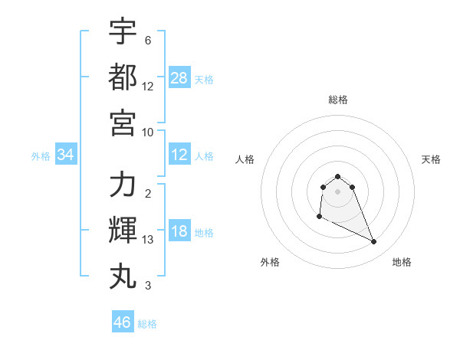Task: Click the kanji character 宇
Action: (x=123, y=31)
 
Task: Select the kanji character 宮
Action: (x=123, y=122)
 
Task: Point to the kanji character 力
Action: (x=123, y=185)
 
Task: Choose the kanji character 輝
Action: (x=123, y=230)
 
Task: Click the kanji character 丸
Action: (x=123, y=275)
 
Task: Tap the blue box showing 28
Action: (x=179, y=78)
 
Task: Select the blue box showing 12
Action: (x=179, y=155)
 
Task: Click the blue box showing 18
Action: (x=179, y=232)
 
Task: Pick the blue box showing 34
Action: (x=66, y=155)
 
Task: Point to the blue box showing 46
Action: (x=123, y=322)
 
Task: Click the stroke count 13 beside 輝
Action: (x=148, y=241)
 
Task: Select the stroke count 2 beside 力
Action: (x=148, y=194)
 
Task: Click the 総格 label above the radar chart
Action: (x=338, y=100)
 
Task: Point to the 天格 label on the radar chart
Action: (x=432, y=159)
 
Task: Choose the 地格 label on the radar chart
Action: (x=402, y=262)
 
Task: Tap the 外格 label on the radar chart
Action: (x=270, y=262)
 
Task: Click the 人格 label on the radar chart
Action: (x=245, y=159)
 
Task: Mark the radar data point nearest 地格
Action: (x=374, y=242)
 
